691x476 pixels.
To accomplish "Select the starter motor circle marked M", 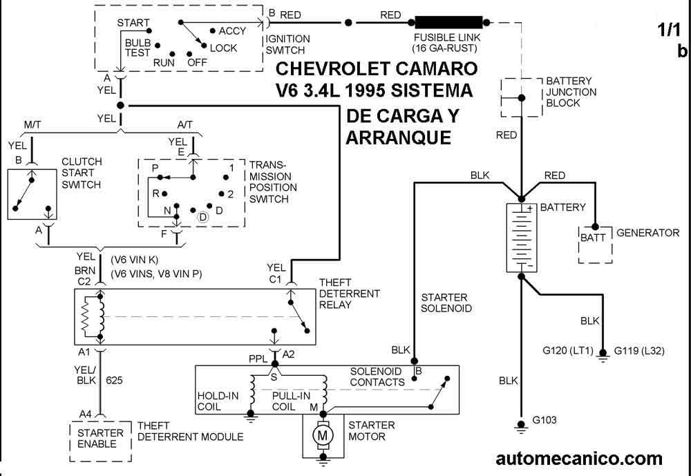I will [x=321, y=435].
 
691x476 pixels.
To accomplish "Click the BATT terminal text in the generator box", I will [x=592, y=237].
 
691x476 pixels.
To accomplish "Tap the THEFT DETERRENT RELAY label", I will [x=350, y=294].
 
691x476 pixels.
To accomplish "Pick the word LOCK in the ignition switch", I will [x=223, y=48].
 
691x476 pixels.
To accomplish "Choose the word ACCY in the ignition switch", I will [x=232, y=31].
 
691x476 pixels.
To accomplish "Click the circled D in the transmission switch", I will [x=203, y=216].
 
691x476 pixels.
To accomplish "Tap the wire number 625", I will [x=115, y=380].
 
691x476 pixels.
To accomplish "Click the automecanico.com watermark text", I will [x=579, y=458].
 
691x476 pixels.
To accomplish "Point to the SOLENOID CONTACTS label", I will [x=377, y=377].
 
